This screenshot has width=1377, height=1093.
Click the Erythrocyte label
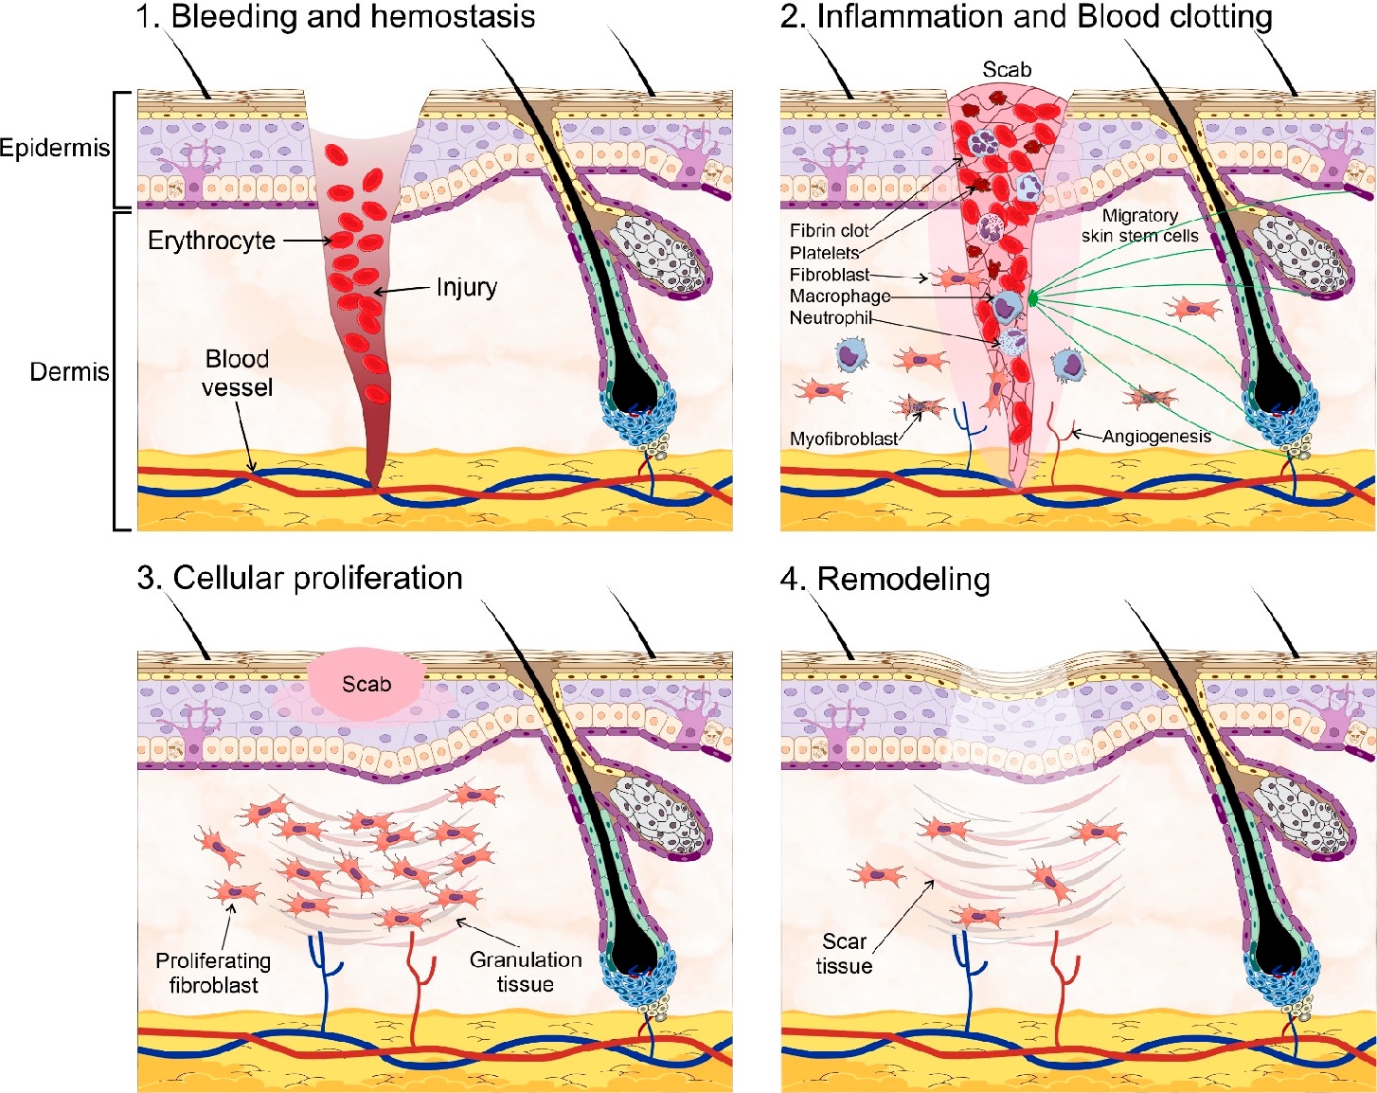[x=212, y=241]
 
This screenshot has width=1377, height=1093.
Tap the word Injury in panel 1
[x=467, y=287]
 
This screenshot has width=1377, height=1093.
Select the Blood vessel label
[x=237, y=372]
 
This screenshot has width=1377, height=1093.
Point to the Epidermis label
[x=55, y=149]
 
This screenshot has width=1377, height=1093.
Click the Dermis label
[x=69, y=372]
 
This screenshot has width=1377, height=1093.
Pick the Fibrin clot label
[x=830, y=230]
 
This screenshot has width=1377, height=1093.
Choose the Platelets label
[x=824, y=252]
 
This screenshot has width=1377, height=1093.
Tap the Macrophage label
[x=840, y=296]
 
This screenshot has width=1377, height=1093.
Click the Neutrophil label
[x=831, y=317]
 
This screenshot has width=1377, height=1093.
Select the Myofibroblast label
[x=844, y=439]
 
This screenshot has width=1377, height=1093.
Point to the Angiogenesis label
[x=1157, y=437]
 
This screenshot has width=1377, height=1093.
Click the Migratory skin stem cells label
[x=1140, y=226]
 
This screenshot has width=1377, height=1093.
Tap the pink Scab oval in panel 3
[x=367, y=684]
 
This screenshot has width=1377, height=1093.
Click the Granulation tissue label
[x=526, y=972]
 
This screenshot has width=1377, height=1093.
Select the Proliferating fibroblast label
[x=213, y=973]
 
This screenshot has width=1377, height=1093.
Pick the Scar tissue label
[x=844, y=954]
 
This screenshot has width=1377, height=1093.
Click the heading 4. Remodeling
[x=885, y=579]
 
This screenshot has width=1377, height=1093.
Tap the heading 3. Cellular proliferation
[x=299, y=577]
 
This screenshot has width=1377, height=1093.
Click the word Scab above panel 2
[x=1007, y=69]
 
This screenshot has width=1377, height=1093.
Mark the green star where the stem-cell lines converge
[x=1031, y=297]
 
